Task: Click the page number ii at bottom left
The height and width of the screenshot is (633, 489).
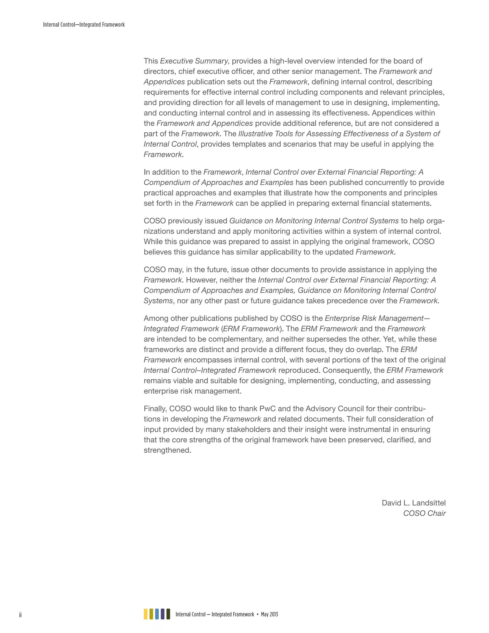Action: click(20, 615)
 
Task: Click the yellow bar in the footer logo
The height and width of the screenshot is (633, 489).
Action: click(146, 614)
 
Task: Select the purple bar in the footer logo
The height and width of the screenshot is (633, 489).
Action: click(163, 614)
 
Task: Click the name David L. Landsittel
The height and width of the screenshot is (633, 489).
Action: click(413, 503)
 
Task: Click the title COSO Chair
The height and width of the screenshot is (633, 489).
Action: click(424, 513)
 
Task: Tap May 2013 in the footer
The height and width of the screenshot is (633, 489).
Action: click(269, 614)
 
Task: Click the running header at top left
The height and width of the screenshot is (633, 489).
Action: click(84, 25)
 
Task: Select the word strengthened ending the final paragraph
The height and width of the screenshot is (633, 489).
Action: click(167, 450)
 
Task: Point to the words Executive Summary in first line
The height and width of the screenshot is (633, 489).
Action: click(194, 61)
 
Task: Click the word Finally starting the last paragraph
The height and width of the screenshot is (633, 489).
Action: click(155, 409)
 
